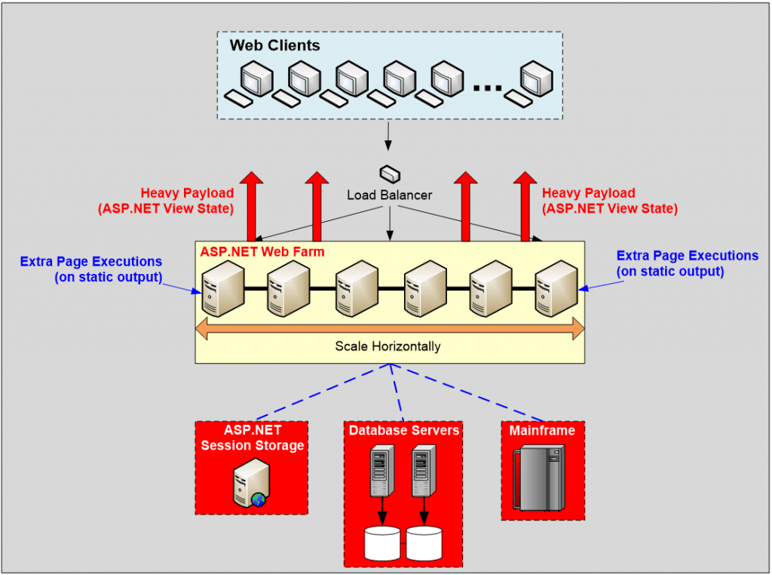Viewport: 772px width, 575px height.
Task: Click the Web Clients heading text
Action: tap(274, 45)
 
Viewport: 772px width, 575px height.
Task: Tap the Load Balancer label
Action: tap(389, 195)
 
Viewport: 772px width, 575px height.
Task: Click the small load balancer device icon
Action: tap(389, 174)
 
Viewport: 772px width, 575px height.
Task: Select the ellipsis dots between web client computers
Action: tap(488, 88)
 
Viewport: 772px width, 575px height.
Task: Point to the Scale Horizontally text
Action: tap(388, 346)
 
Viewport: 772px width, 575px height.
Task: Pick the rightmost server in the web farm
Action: tap(556, 287)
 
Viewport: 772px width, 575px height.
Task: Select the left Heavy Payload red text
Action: tap(187, 201)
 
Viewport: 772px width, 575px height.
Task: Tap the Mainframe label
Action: tap(542, 431)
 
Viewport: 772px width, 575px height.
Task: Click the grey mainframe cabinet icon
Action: tap(538, 478)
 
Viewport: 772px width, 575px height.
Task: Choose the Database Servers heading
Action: tap(403, 430)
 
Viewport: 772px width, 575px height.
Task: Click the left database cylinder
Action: tap(382, 541)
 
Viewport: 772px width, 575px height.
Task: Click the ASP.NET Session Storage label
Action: tap(252, 438)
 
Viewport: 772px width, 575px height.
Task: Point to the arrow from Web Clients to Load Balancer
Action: tap(389, 135)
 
